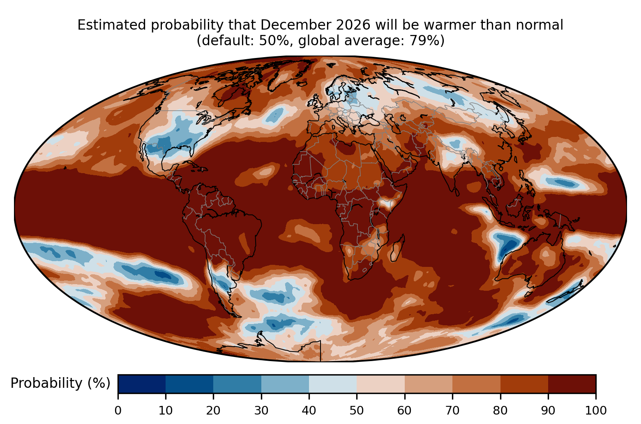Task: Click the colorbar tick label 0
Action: click(118, 410)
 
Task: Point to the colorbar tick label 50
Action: click(357, 410)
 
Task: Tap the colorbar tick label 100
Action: click(596, 410)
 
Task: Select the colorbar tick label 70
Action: click(452, 410)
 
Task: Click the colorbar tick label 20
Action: click(213, 410)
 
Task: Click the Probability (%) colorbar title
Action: click(60, 383)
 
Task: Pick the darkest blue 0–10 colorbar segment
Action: click(142, 384)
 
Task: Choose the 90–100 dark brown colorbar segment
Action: click(572, 384)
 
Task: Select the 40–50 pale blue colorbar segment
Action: click(333, 384)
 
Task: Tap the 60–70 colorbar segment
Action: click(429, 384)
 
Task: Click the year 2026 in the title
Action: click(353, 25)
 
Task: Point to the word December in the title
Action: click(296, 25)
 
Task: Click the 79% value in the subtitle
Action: click(424, 40)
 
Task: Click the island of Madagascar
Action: click(397, 250)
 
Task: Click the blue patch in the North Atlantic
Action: click(275, 115)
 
